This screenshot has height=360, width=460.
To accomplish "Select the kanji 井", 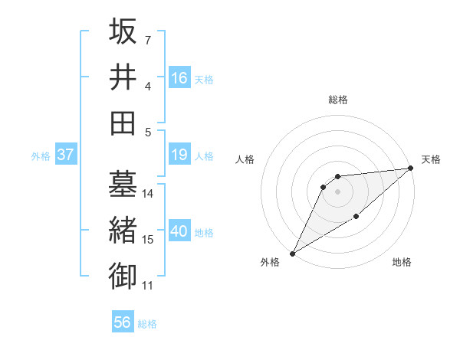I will click(123, 77).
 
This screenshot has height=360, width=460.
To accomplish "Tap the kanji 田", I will click(123, 122).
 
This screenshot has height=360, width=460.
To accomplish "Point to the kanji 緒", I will click(123, 231).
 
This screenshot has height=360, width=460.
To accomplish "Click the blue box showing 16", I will click(179, 77).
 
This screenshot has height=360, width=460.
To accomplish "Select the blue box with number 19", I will click(179, 155).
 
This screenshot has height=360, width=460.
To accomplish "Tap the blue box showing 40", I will click(179, 232).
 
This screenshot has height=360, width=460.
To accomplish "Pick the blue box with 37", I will click(65, 155).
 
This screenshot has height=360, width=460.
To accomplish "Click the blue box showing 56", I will click(123, 323).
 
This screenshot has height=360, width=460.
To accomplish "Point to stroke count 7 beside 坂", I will click(147, 40).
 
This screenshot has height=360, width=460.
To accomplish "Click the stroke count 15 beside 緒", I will click(148, 240).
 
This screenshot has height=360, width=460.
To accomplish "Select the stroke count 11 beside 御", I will click(148, 286).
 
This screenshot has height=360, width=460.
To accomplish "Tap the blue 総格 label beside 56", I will click(147, 324).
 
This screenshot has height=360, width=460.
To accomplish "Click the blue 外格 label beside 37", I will click(41, 156).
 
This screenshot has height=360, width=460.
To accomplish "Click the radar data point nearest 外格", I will click(292, 253).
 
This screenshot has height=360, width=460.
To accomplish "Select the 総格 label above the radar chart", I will click(337, 100).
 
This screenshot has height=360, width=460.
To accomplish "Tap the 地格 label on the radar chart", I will click(402, 263).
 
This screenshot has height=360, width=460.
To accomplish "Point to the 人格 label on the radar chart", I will click(245, 159).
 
